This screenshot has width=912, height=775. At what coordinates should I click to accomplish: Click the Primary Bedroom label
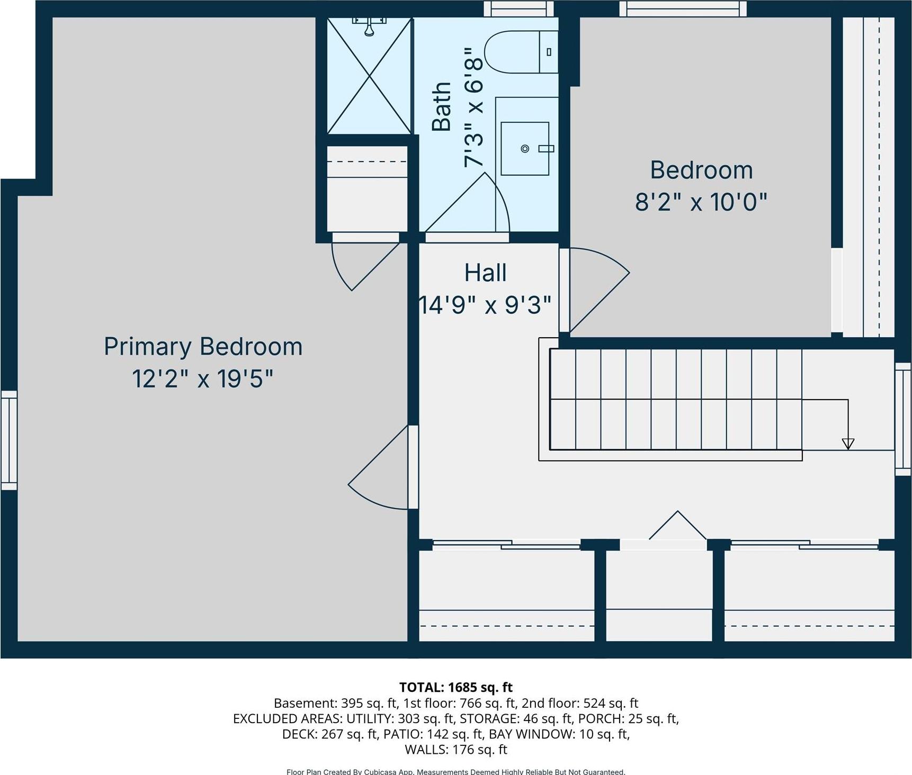[x=203, y=347]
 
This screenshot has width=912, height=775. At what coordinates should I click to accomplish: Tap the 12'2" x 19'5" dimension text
[x=203, y=379]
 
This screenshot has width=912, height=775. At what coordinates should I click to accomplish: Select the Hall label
[x=485, y=273]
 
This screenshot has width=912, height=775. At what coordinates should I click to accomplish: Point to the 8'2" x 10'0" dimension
[x=701, y=202]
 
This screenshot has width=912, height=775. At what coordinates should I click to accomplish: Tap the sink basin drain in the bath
[x=525, y=149]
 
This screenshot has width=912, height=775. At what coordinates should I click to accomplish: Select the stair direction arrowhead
[x=848, y=444]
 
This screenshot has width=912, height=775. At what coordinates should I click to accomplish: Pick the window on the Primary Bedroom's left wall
[x=9, y=440]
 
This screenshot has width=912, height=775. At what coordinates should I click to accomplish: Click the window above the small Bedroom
[x=683, y=9]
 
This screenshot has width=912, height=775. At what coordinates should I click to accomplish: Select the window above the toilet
[x=518, y=9]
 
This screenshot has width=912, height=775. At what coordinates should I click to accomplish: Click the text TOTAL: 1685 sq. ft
[x=455, y=687]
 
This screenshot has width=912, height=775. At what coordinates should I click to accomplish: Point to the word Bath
[x=441, y=106]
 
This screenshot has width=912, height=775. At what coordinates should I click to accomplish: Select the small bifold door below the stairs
[x=677, y=527]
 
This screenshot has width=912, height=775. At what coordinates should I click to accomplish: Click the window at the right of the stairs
[x=903, y=419]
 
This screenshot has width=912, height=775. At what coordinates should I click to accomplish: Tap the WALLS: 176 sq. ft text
[x=455, y=750]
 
